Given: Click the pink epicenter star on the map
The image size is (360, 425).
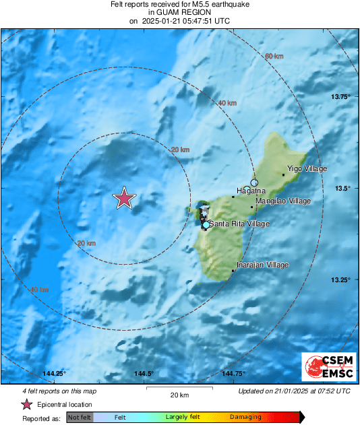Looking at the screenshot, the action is coord(124,199).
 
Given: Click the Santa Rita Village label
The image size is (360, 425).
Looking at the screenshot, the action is coord(239,224).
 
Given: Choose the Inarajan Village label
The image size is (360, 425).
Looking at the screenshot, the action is coord(263,265).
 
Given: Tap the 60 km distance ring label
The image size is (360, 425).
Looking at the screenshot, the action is coord(273,56).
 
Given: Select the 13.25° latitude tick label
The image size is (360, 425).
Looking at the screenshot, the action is coord(340,280).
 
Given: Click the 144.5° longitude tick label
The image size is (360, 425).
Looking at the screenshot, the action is coord(144,374).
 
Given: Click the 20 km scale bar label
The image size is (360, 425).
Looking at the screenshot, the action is coord(179,395).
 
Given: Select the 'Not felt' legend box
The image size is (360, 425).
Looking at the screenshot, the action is coord(78,418).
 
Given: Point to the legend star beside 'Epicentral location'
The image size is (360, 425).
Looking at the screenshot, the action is coord(26,405).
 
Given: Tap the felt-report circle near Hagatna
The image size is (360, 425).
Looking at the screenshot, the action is coord(254,183).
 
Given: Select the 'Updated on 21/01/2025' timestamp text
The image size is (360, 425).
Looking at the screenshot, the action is coord(295,391).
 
